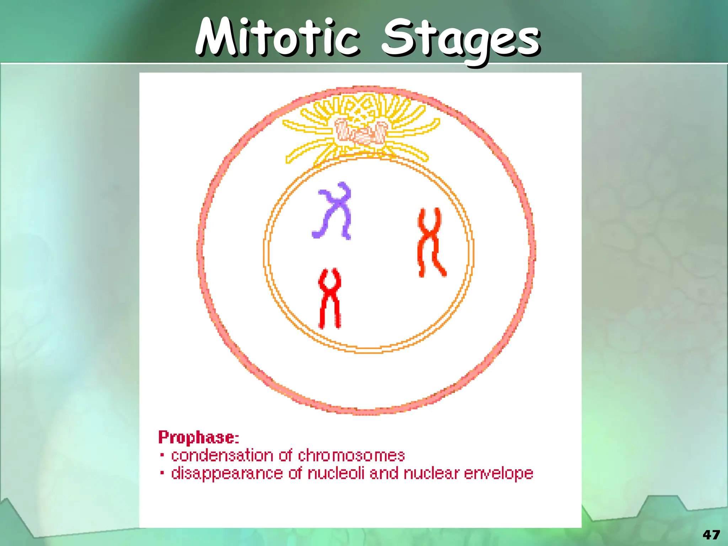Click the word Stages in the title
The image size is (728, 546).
coord(460,39)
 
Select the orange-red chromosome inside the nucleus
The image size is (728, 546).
coord(430,242)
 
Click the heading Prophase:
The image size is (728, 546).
coord(198,437)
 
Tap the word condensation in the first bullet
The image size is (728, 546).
coord(222,456)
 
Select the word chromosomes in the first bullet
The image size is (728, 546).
coord(351,456)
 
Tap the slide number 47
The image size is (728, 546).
coord(711,535)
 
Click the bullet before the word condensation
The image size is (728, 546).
coord(162,455)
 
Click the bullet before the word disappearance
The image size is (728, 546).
coord(162,473)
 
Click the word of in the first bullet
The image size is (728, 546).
coord(285,455)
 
